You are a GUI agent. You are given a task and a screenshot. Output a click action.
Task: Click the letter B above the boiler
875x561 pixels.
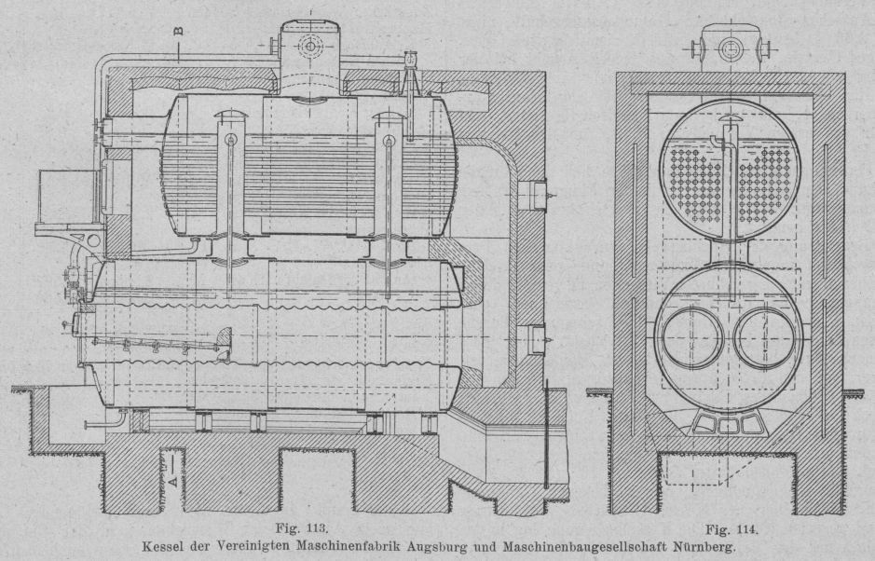click(179, 29)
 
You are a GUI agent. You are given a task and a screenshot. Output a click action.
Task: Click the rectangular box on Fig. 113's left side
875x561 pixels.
click(67, 198)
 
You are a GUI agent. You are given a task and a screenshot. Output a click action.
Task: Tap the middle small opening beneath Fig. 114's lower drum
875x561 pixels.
click(730, 425)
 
